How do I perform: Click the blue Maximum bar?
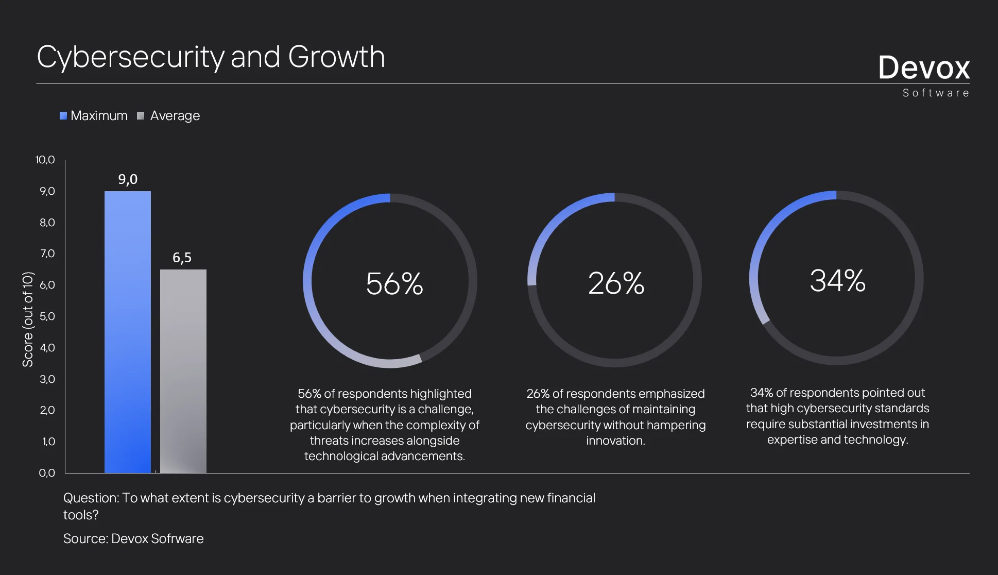point(128,332)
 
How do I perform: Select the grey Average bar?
point(183,371)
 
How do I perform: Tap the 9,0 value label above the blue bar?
point(128,179)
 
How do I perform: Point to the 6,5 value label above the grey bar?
point(182,258)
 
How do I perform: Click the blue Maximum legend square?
point(63,116)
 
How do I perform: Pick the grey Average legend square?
point(141,116)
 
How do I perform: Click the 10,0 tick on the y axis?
point(45,160)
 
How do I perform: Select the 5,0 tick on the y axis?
point(47,316)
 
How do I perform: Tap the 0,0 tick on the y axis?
point(47,473)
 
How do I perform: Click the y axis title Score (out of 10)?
point(28,319)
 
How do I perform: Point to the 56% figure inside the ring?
point(394,283)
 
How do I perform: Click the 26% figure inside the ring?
point(616,283)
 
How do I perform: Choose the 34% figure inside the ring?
point(837,281)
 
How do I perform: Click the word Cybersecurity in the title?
point(131,58)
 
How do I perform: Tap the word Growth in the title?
point(336,57)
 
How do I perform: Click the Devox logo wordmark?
point(924,67)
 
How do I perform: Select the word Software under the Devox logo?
point(936,93)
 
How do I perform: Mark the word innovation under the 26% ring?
point(615,441)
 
